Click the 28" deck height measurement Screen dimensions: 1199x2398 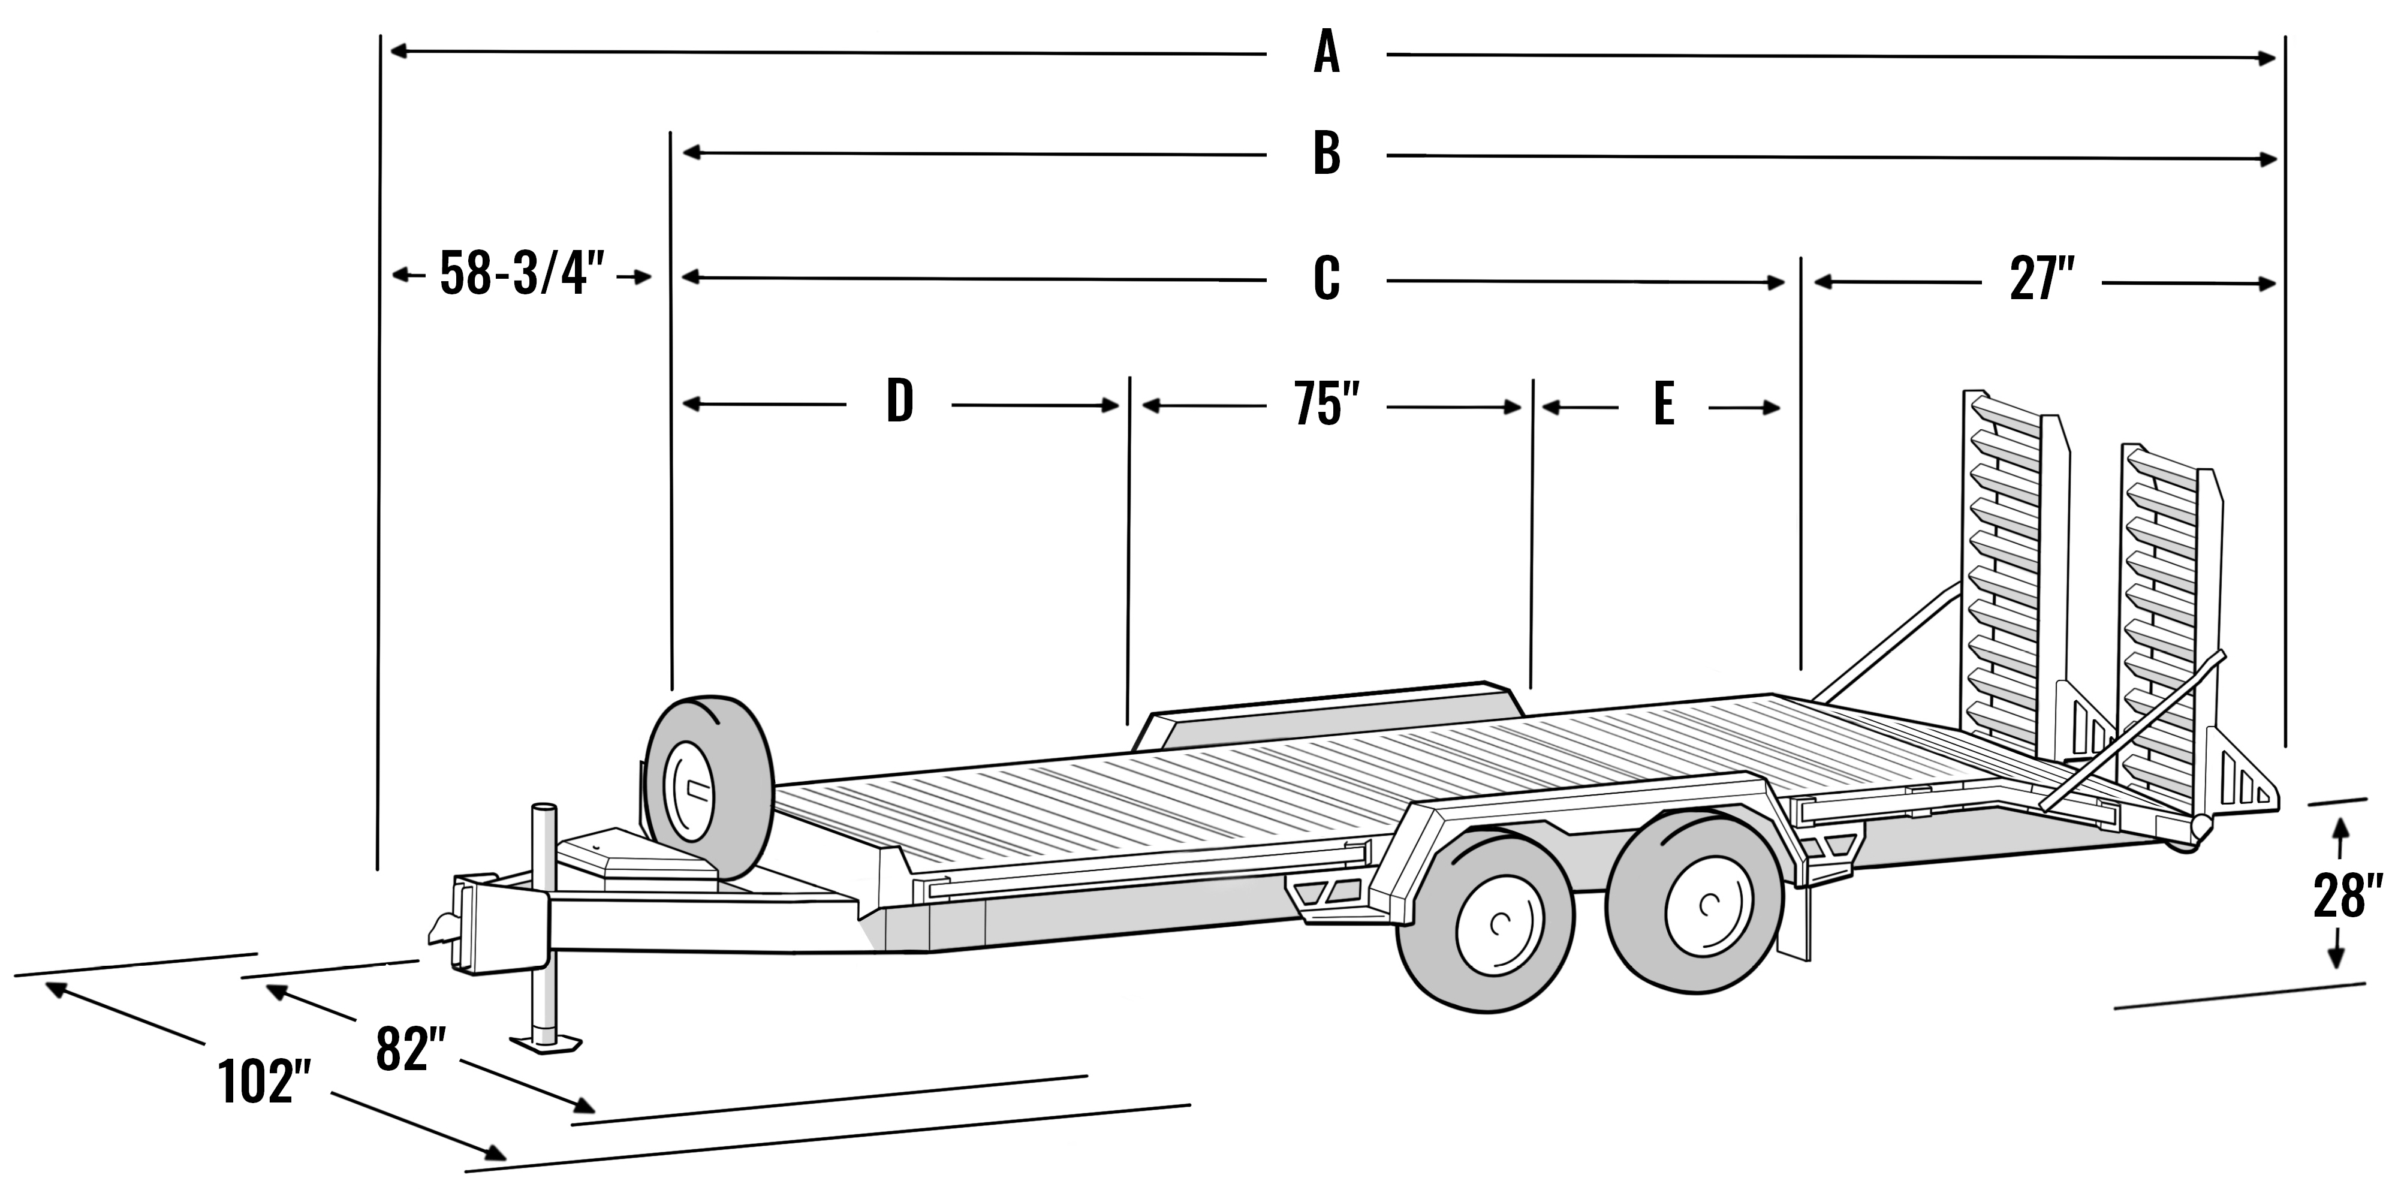(2348, 896)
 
